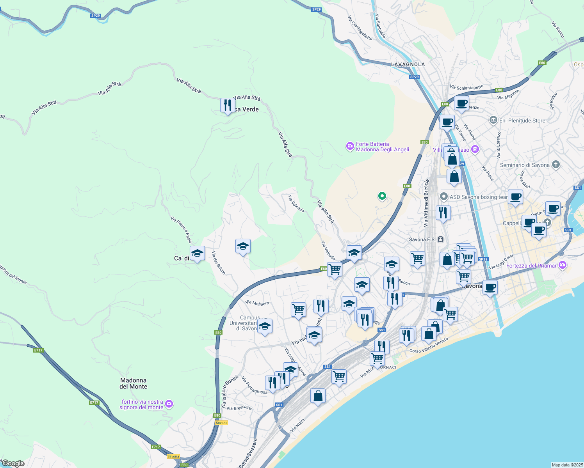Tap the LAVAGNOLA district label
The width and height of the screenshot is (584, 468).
[408, 64]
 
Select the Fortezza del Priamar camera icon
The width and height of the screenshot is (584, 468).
[563, 265]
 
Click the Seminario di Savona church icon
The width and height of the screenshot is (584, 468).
[556, 165]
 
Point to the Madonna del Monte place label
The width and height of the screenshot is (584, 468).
[134, 383]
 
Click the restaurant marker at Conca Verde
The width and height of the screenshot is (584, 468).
[227, 105]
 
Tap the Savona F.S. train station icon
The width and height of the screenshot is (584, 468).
[441, 239]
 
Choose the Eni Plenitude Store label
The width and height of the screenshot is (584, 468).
[522, 121]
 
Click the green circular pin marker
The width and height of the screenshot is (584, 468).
[382, 196]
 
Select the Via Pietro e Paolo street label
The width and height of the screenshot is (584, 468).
[182, 230]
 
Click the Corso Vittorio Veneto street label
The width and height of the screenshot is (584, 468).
[429, 346]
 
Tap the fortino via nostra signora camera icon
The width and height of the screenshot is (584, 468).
[169, 404]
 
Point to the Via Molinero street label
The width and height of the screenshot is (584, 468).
[257, 303]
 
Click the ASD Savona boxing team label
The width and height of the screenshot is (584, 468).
[478, 197]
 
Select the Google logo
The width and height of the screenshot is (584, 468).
[13, 463]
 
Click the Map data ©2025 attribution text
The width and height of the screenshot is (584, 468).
[567, 465]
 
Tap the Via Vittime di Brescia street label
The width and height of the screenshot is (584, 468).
[426, 203]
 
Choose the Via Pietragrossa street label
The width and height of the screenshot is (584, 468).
[254, 385]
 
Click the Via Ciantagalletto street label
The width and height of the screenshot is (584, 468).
[360, 28]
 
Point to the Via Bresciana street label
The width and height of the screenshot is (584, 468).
[239, 408]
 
